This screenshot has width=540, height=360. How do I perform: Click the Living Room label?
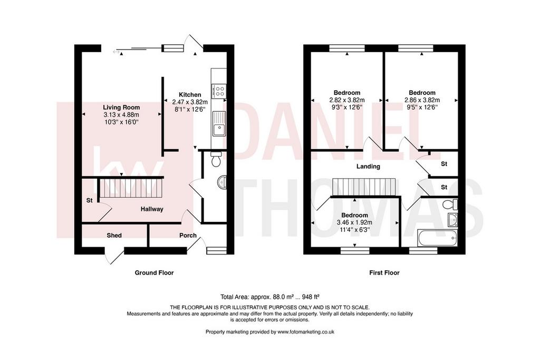121,108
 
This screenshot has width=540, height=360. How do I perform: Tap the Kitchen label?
190,95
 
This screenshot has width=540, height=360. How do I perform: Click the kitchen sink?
219,123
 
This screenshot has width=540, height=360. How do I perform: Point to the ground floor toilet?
216,159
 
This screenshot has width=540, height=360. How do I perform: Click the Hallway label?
152,209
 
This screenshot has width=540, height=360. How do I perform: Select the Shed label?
114,236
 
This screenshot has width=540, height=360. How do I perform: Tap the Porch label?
188,236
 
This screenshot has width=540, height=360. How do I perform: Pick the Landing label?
368,167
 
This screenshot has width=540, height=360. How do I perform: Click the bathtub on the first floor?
437,239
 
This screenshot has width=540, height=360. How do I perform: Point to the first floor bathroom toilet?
450,205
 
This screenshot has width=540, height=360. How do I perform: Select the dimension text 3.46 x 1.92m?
355,222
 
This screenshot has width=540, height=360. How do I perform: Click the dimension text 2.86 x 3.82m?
422,100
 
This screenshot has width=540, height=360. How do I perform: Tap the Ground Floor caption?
154,273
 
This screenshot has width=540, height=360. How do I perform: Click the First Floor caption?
384,273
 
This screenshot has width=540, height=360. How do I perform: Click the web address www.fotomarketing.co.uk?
306,332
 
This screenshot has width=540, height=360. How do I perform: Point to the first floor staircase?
364,187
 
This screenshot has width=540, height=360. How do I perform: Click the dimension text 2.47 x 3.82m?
190,102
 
